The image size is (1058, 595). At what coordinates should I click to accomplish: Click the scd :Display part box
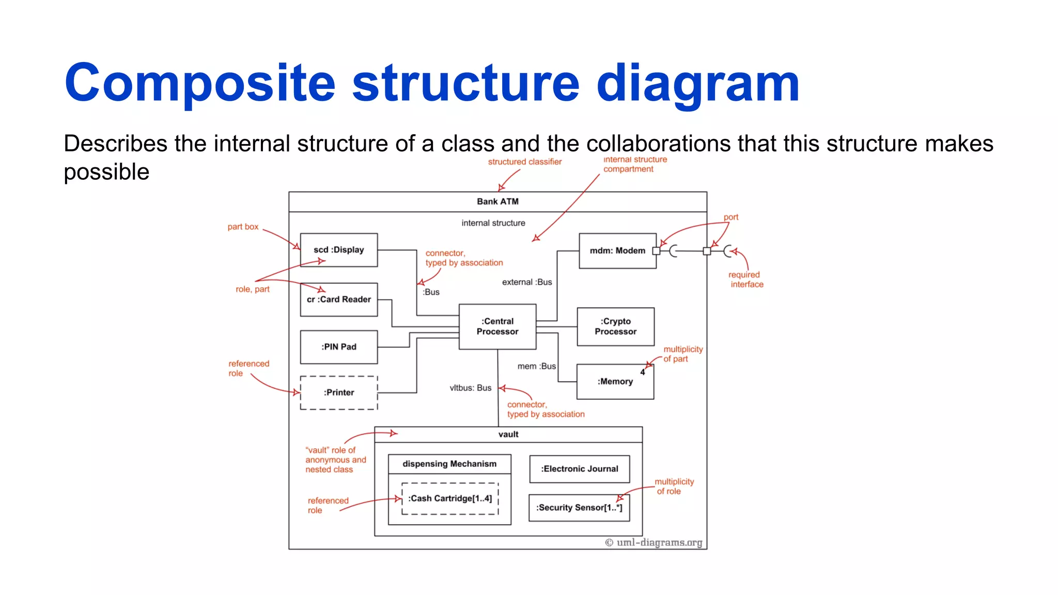click(338, 250)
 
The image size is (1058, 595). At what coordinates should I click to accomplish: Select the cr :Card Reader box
click(338, 300)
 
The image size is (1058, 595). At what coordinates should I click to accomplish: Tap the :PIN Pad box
click(338, 347)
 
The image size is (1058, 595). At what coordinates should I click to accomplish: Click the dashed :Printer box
click(338, 393)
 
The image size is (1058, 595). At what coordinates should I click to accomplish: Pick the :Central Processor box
click(497, 326)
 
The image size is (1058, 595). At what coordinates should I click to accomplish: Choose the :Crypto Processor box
click(615, 326)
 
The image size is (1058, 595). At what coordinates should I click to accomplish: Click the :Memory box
click(615, 382)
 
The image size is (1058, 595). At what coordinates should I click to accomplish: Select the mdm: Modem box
click(617, 250)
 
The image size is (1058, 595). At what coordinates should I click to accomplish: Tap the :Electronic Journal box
click(579, 469)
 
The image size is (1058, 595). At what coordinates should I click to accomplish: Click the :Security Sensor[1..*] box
click(579, 508)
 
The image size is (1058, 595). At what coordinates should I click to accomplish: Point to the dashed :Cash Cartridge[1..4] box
click(450, 498)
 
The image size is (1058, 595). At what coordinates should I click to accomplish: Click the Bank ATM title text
click(497, 201)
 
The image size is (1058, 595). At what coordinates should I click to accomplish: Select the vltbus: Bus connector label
click(470, 388)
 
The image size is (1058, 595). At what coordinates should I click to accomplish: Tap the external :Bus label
click(527, 282)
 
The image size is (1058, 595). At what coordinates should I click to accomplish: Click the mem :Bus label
click(536, 366)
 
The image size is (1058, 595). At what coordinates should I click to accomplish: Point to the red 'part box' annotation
click(243, 227)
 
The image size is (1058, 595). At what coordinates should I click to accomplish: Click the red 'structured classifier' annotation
click(524, 162)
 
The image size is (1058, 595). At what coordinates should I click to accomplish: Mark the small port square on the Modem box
click(656, 251)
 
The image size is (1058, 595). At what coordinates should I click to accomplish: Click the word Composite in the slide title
click(200, 83)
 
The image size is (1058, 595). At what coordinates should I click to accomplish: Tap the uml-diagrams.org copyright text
click(654, 542)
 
